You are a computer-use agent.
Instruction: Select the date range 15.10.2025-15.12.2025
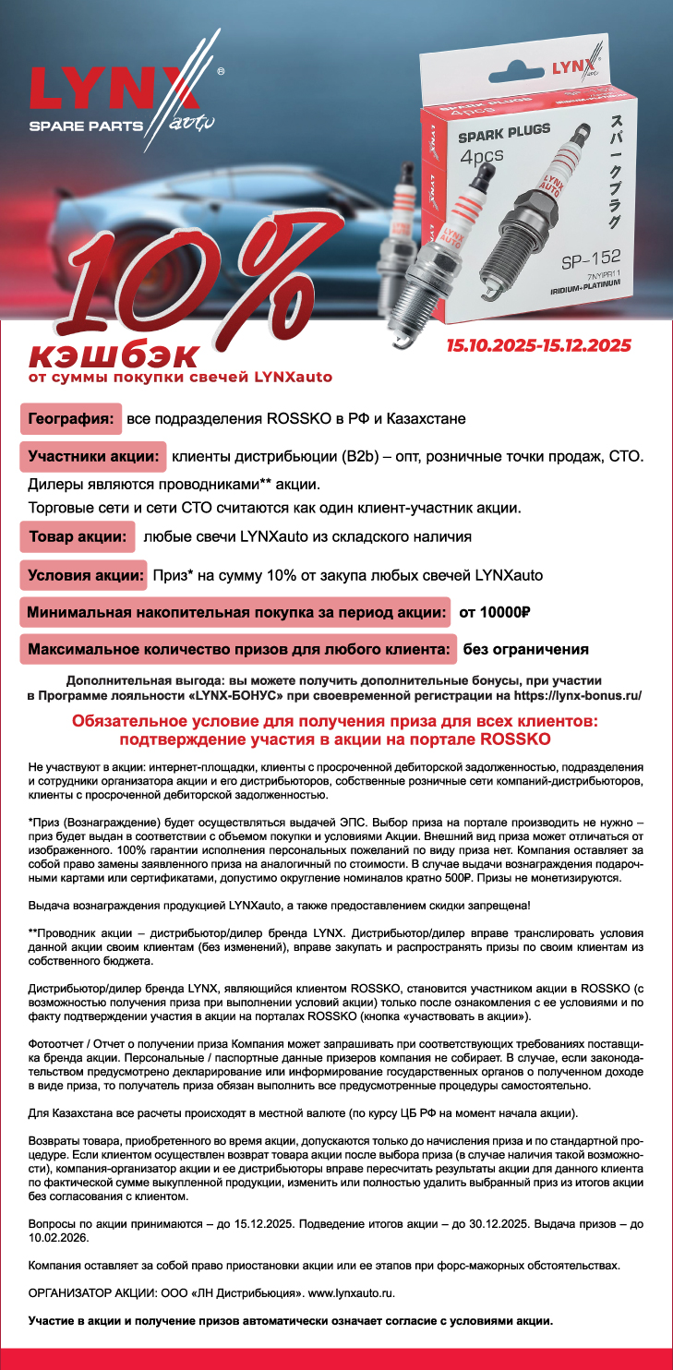point(538,345)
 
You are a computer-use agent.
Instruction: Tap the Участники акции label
point(92,456)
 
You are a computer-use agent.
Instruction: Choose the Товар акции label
point(78,536)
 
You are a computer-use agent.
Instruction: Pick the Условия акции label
point(83,575)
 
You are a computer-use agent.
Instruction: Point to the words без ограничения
point(526,649)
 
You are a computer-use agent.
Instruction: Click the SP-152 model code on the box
point(591,258)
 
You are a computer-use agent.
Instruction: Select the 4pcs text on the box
point(482,155)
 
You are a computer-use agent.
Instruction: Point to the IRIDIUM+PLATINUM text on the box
point(588,287)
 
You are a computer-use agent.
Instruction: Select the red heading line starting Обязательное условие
point(336,719)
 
